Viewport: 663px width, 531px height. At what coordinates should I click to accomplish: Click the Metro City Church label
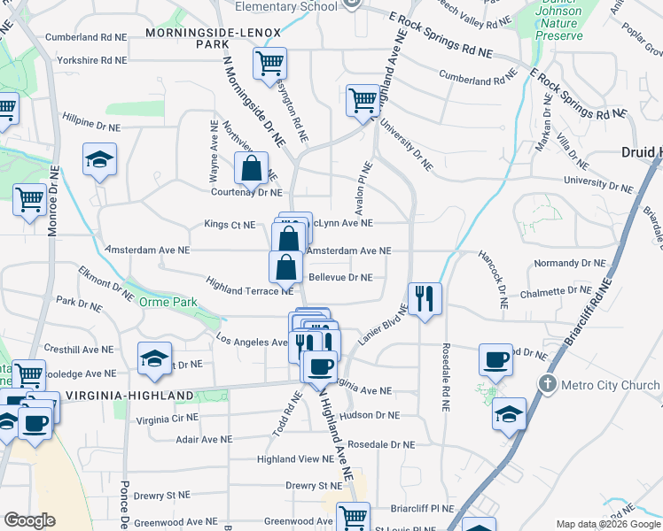pos(610,385)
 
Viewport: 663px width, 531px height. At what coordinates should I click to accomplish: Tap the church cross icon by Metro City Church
pos(548,385)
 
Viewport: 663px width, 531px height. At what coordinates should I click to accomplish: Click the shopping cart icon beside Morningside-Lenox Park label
pos(269,63)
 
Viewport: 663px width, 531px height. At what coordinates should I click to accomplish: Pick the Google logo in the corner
pos(29,520)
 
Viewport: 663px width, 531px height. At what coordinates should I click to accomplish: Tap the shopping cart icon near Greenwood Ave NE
pos(354,515)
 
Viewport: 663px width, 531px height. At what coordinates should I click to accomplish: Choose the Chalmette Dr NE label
pos(556,291)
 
